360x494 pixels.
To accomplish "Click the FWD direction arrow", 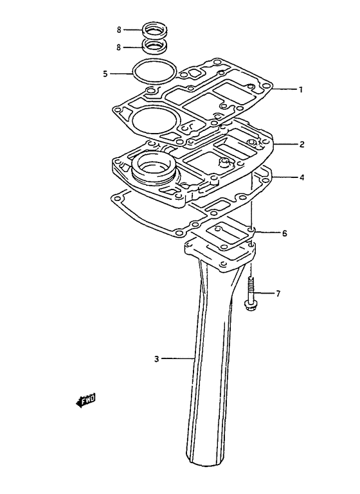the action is [x=85, y=400].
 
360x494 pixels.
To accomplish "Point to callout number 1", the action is [x=301, y=90].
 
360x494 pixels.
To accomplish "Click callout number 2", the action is [x=301, y=145].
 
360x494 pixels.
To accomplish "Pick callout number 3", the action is [x=157, y=359].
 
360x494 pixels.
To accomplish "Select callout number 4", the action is [x=301, y=178].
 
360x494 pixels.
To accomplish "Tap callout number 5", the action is [x=105, y=74].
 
